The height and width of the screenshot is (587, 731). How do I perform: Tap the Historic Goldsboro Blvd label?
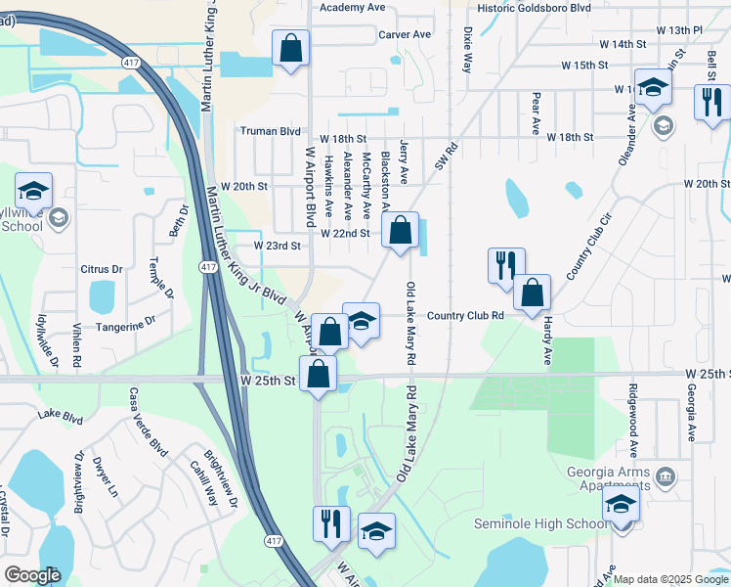point(534,7)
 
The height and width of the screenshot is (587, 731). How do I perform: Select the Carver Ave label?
point(405,34)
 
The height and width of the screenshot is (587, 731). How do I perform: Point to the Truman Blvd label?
point(271,131)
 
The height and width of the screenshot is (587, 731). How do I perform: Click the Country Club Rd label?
point(465,315)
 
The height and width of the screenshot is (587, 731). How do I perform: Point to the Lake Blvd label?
point(61,415)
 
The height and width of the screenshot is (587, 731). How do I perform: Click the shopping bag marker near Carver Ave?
point(291,48)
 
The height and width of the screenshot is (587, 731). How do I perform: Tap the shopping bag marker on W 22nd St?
point(401,232)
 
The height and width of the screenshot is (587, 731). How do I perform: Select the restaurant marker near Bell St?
point(710,102)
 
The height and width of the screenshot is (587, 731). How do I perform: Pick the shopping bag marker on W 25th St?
point(319,374)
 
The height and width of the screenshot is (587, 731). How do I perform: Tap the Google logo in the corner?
point(32,574)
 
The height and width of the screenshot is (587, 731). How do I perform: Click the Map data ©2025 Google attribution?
point(669,579)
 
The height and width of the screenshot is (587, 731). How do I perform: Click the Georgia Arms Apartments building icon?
point(666,477)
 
